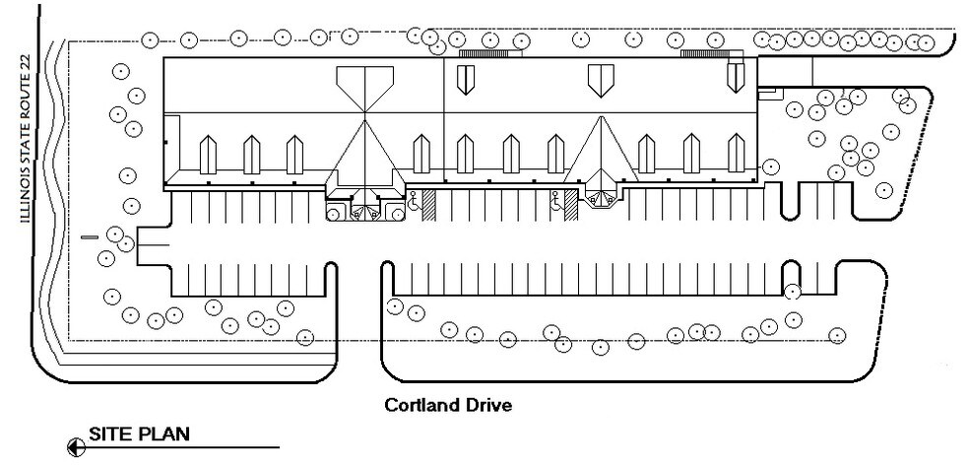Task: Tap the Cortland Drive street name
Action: pyautogui.click(x=447, y=405)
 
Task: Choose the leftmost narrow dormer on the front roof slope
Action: pyautogui.click(x=208, y=154)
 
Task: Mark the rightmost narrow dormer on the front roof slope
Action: pyautogui.click(x=736, y=153)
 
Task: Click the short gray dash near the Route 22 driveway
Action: pyautogui.click(x=89, y=237)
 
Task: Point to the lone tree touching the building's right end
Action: pyautogui.click(x=771, y=167)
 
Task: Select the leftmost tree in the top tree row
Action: pyautogui.click(x=150, y=40)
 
